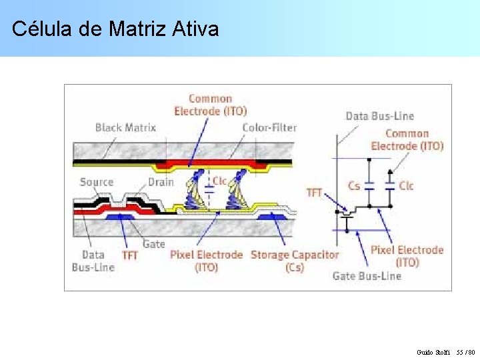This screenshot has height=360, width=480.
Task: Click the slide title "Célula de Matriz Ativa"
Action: pos(115,29)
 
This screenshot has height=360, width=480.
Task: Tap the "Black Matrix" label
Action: pos(125,127)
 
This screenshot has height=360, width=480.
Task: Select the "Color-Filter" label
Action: pos(269,127)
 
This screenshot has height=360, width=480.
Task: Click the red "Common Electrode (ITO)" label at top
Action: pos(210,105)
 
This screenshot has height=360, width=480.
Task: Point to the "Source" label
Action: pos(97,182)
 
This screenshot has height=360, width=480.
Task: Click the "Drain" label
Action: pos(161,182)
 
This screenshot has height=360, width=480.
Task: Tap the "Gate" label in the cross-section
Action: pos(154,244)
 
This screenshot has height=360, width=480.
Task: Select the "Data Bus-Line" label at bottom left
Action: pos(93,261)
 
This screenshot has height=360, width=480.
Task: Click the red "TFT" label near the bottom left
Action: pos(130,255)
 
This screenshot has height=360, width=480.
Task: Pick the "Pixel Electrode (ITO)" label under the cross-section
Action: pos(206,261)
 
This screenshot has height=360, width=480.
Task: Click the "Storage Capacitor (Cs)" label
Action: pos(295,261)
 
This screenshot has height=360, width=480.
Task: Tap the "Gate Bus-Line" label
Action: pos(367,276)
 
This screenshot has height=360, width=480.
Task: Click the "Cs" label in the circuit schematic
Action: pos(354,186)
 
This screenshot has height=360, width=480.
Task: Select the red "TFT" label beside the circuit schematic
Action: pos(314,193)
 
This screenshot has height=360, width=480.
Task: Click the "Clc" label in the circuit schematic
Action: pos(406,186)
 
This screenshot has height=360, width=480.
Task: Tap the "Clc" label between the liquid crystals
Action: pos(219,181)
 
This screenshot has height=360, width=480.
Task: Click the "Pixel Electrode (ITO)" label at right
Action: pos(407,256)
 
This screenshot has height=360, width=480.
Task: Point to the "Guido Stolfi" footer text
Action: pos(433,351)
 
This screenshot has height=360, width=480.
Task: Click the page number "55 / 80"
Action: pos(465,351)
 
